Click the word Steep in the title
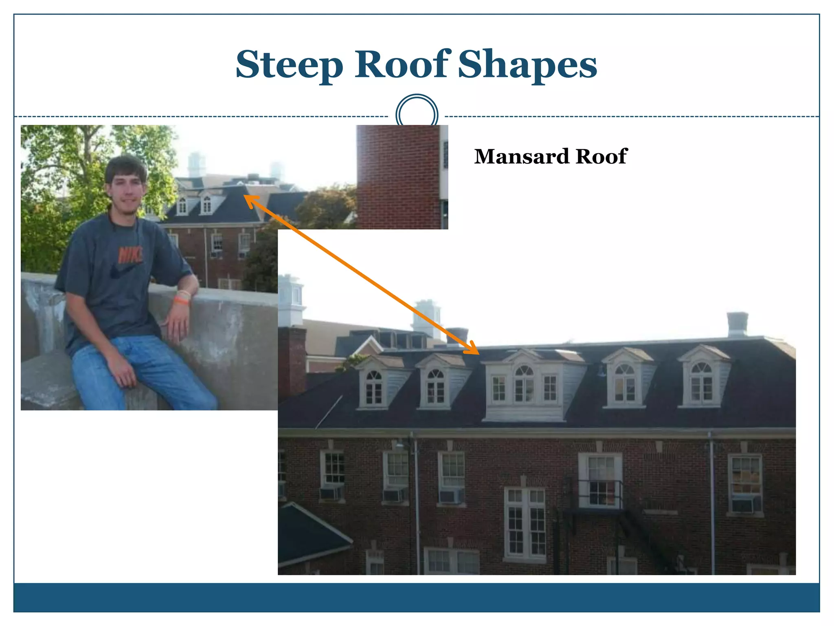pos(290,65)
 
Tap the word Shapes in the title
pos(527,65)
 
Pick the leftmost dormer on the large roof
pos(373,383)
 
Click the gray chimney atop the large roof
pos(737,324)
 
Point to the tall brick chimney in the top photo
pos(398,177)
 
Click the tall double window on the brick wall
pos(525,524)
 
